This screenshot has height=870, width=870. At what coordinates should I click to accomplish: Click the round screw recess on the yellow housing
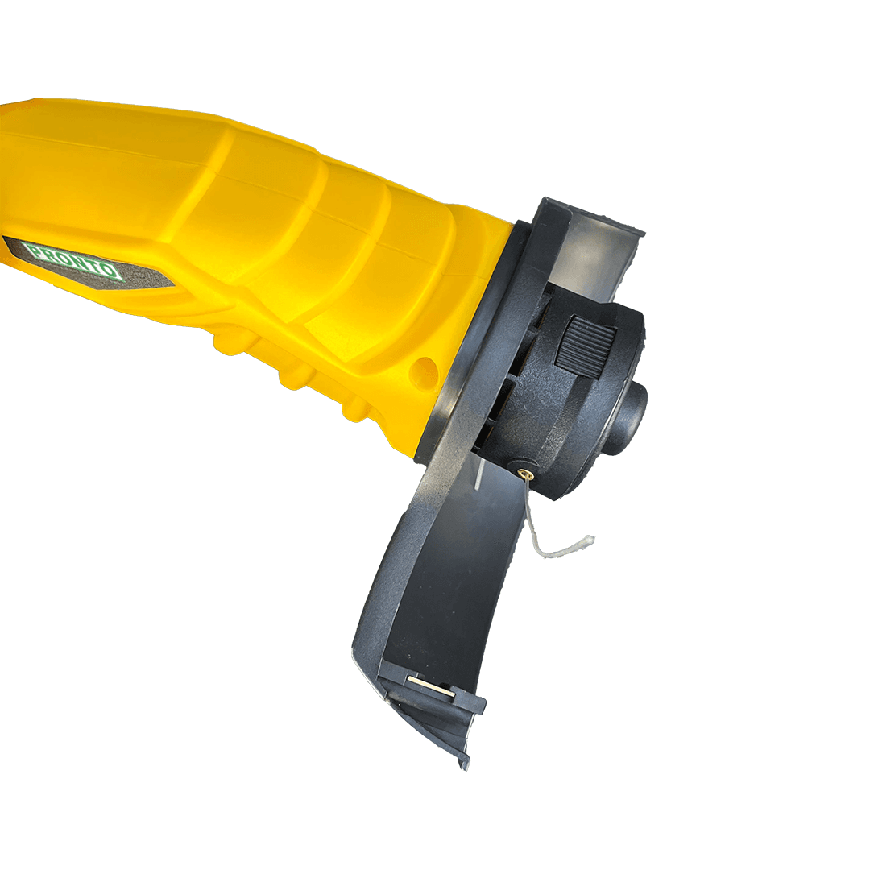(425, 369)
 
